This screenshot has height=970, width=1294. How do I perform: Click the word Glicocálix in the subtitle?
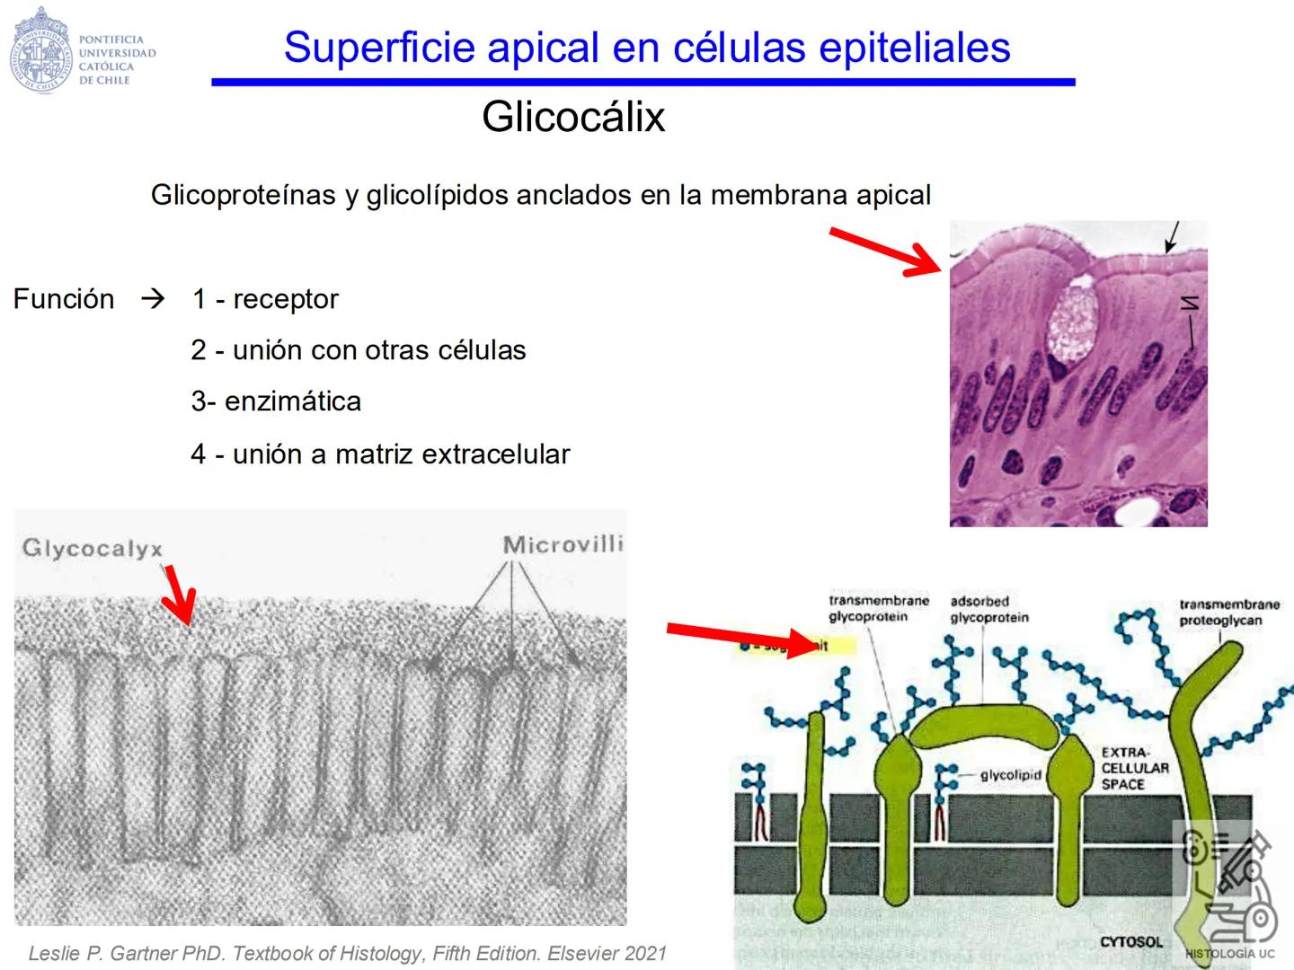(573, 117)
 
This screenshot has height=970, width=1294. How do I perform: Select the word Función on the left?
(64, 299)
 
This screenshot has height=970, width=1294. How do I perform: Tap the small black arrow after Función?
(154, 298)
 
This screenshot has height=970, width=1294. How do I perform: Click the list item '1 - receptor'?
(265, 299)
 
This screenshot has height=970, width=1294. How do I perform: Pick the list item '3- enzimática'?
(276, 401)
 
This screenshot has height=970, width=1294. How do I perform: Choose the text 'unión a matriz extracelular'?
(401, 454)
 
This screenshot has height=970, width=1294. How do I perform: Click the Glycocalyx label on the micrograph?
(92, 548)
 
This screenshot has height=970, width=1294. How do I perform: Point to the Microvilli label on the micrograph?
(563, 544)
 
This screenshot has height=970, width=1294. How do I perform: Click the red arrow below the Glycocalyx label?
(179, 594)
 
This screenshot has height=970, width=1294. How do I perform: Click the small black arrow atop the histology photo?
(1173, 237)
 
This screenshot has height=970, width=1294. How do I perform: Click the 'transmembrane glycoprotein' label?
(878, 608)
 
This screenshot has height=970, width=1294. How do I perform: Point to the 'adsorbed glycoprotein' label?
(988, 609)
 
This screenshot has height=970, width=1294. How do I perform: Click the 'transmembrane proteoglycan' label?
(1228, 612)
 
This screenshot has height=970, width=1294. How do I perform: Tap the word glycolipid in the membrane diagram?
(1010, 775)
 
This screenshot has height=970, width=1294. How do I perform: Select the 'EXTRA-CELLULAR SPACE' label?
(1135, 768)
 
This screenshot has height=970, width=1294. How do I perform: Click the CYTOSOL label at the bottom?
(1130, 941)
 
